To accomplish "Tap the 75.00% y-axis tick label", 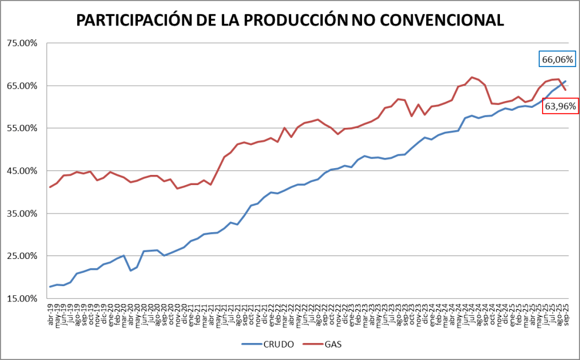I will coord(22,43).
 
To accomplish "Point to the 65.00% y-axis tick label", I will coord(22,86).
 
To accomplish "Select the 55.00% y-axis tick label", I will coord(22,128).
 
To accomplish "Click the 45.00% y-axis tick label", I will coord(22,171).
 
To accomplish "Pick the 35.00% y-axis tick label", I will coord(22,214).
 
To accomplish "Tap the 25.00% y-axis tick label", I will coord(22,256).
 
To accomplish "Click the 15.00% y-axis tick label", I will coord(22,299).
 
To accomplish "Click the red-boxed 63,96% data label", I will coord(560,106).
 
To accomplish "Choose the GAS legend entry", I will coord(333,344).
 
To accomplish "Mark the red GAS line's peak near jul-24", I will coord(472,77).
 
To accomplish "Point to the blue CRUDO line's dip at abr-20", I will coord(131,270).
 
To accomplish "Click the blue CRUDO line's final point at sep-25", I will coord(565,81).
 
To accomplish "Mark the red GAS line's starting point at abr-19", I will coord(50,187).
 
